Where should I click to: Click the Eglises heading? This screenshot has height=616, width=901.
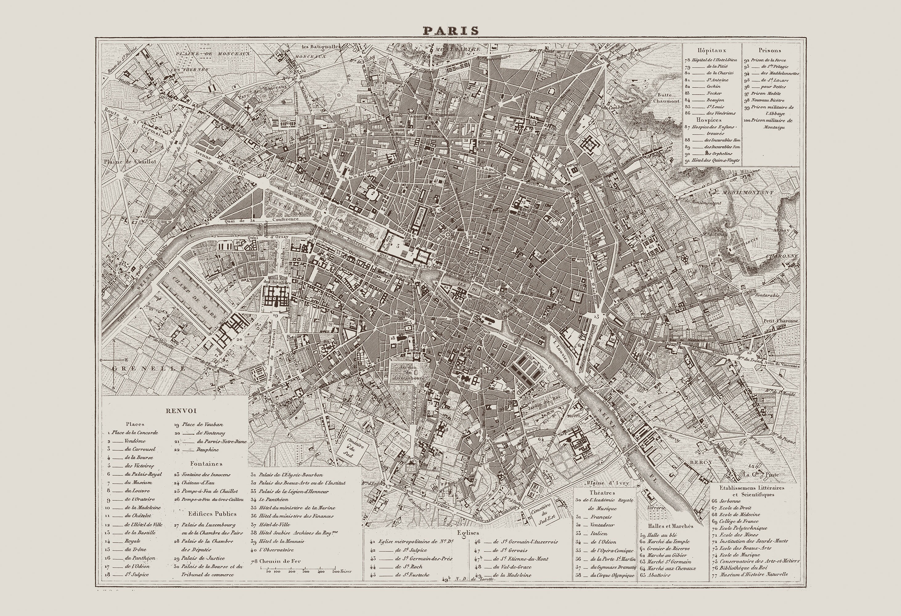point(467,533)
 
